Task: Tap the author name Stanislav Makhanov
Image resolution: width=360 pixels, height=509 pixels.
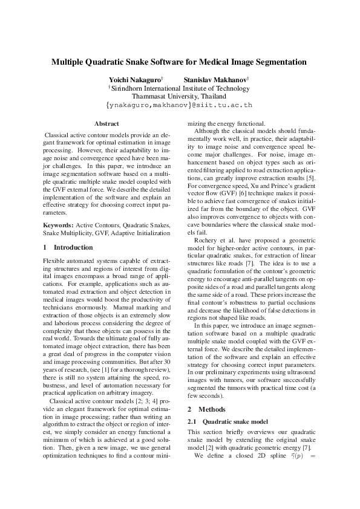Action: pos(210,80)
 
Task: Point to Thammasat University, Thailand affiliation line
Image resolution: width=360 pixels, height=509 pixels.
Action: pos(179,96)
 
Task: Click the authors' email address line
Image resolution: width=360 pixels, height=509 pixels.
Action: pos(179,105)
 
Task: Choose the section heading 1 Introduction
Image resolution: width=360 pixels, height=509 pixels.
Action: pos(68,247)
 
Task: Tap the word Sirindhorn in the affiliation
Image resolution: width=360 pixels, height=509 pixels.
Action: pos(129,88)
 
